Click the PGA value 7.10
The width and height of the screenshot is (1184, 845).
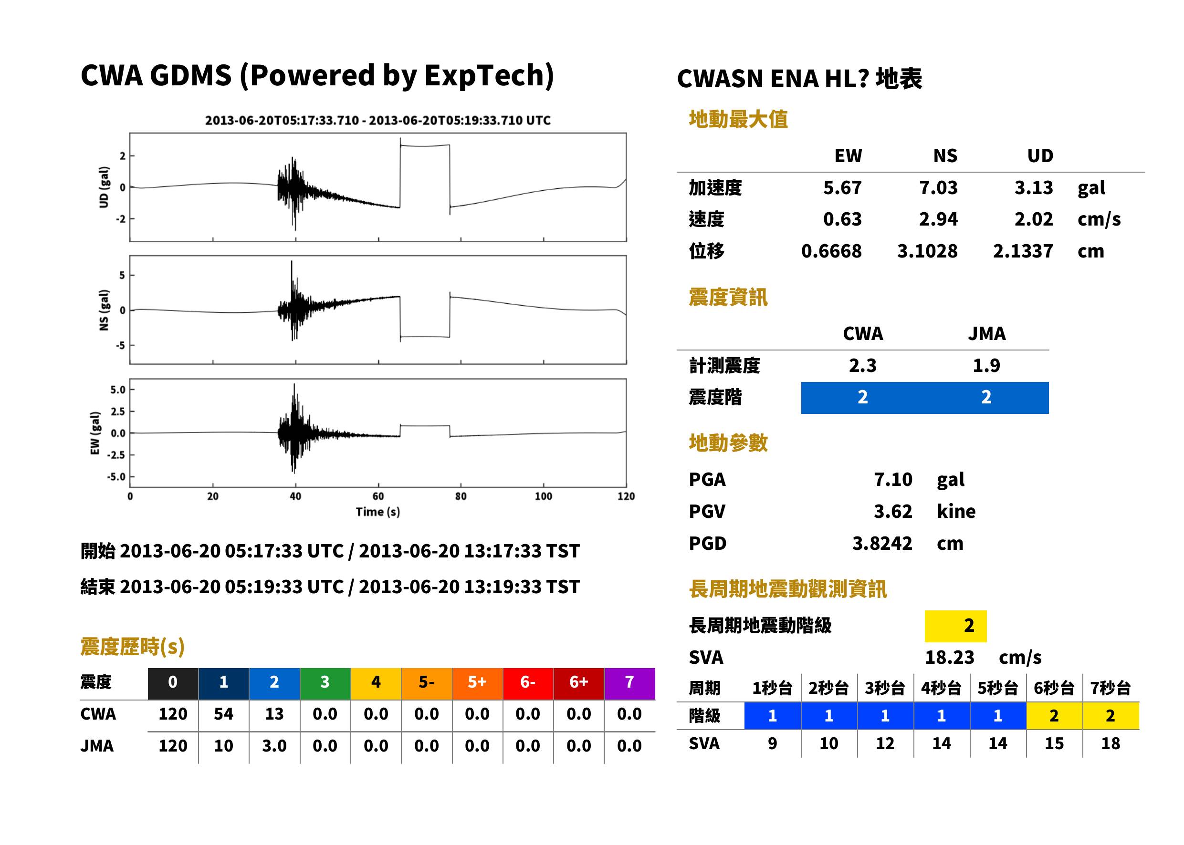click(892, 479)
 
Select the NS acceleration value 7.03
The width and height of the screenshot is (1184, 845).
click(938, 187)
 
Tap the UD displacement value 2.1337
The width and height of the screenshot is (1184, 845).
click(1023, 251)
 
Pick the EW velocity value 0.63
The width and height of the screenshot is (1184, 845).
click(842, 219)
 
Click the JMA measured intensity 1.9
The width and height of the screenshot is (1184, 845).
click(986, 365)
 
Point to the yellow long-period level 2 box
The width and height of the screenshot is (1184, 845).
click(955, 626)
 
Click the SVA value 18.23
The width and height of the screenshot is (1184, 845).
click(949, 657)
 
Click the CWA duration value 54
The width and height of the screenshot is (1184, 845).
click(223, 714)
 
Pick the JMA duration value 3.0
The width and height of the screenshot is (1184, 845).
click(274, 746)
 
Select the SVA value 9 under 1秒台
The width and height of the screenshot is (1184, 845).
click(772, 743)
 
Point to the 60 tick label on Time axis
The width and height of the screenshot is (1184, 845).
click(378, 496)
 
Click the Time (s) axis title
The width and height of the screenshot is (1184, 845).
click(378, 512)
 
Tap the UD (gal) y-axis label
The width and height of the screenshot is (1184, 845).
click(104, 187)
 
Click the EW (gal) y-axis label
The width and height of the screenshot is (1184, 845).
click(95, 433)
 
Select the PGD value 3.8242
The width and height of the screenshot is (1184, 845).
click(882, 543)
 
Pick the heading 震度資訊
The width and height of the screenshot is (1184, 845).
click(728, 298)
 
